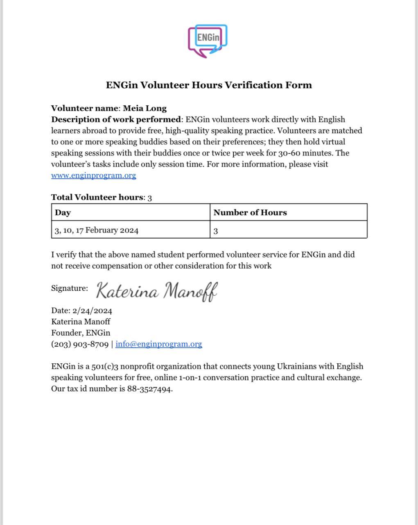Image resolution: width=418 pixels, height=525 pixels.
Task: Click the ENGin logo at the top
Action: [208, 41]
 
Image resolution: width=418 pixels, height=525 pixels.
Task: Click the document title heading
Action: [209, 85]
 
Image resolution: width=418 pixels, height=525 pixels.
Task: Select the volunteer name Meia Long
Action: [145, 109]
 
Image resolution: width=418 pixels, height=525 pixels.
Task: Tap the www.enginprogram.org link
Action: [93, 176]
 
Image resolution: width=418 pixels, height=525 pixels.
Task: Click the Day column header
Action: [63, 212]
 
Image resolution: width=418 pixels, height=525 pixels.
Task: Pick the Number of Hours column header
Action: [250, 212]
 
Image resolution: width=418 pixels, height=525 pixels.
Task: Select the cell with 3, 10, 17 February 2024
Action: [97, 230]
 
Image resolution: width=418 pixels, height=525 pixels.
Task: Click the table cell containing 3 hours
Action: [216, 231]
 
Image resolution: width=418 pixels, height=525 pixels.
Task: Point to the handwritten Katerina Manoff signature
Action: [157, 291]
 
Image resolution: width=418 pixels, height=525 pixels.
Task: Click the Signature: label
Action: [69, 288]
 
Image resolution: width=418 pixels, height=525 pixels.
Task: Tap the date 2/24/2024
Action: [92, 310]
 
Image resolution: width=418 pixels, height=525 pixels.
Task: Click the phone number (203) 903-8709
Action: [80, 344]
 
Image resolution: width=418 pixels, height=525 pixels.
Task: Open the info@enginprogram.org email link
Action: [158, 344]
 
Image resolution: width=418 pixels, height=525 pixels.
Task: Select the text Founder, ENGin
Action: [81, 333]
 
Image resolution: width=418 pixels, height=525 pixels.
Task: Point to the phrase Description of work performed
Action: [116, 120]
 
